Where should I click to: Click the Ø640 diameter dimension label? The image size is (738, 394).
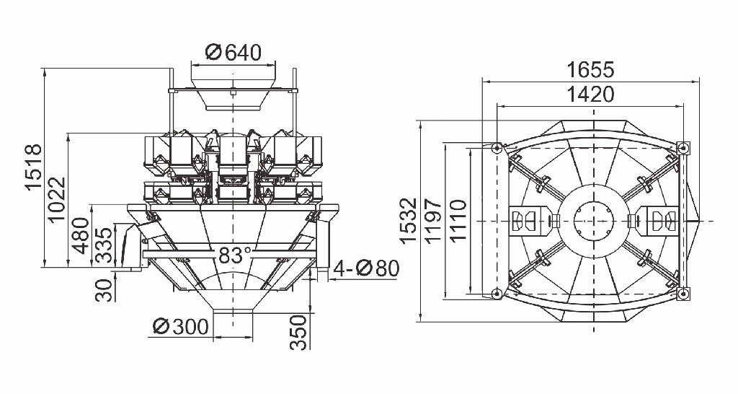[x=234, y=52]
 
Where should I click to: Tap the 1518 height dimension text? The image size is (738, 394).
[x=34, y=167]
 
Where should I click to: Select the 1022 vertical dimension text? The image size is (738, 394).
[x=58, y=199]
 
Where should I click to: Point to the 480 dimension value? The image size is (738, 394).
[x=81, y=235]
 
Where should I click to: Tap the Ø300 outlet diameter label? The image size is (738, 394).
[x=181, y=326]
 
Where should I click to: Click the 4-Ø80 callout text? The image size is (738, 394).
[x=366, y=268]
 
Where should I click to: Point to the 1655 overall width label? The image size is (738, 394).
[x=590, y=70]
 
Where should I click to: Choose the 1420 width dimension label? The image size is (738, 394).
[x=590, y=95]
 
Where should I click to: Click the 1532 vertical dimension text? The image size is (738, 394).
[x=409, y=221]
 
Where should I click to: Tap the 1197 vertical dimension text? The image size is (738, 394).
[x=433, y=221]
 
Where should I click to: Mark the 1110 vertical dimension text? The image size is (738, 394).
[x=458, y=221]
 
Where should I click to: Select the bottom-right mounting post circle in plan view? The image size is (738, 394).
[x=683, y=294]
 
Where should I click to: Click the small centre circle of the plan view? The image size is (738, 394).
[x=594, y=221]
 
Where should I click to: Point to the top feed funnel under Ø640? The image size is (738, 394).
[x=233, y=94]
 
